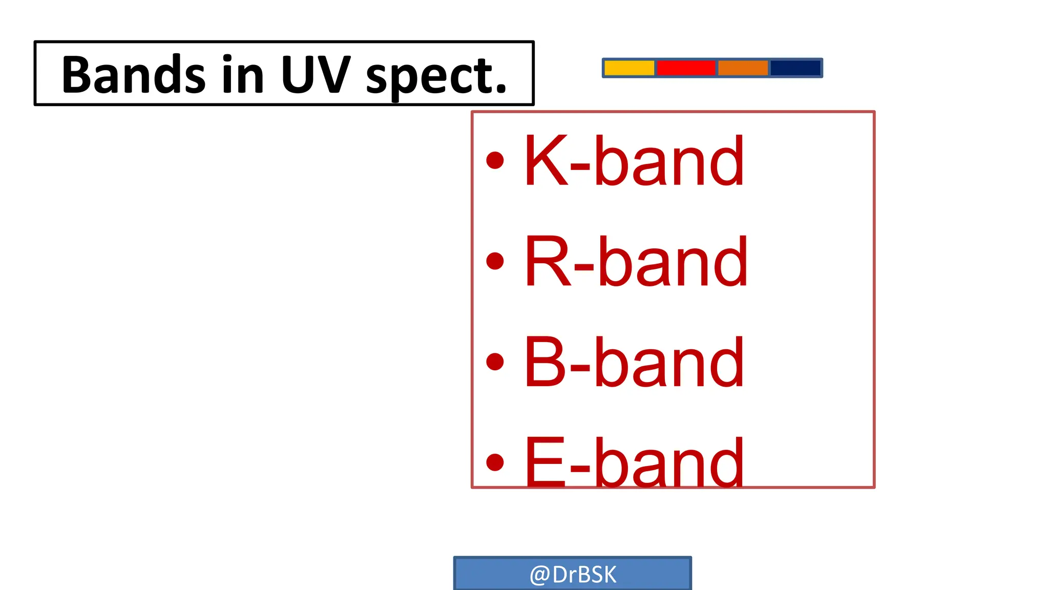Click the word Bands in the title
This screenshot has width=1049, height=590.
133,75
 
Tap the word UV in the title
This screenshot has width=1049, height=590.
316,75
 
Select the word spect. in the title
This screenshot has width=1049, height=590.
436,77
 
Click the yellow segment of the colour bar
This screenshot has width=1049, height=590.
629,68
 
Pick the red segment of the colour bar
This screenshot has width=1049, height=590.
685,68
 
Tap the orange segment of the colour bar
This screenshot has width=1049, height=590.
743,68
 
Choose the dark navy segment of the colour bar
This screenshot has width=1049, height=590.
795,68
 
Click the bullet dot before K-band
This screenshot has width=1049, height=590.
495,160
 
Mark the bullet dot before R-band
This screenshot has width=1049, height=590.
495,261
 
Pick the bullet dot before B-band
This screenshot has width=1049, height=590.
495,362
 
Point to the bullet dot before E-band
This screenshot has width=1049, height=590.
495,462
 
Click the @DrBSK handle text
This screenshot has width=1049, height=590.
573,575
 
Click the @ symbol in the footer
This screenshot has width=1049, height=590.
539,575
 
